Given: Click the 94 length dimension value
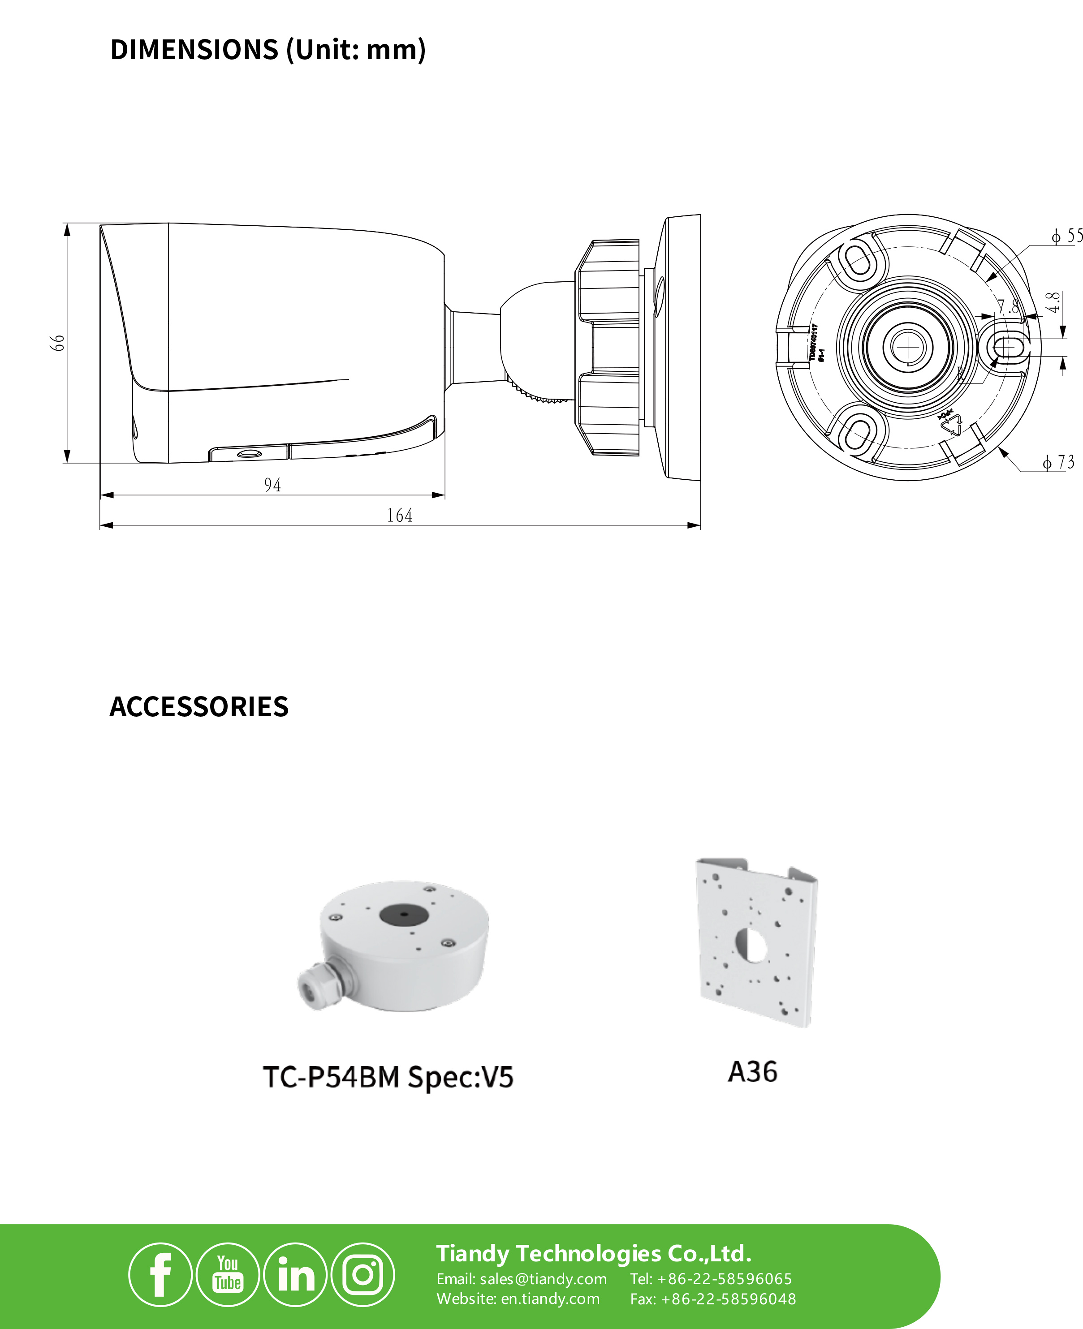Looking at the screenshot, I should click(272, 485).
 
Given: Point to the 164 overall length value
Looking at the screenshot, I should click(399, 515).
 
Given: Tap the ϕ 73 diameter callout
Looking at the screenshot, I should click(1059, 462).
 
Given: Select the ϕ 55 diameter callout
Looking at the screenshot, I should click(1066, 236).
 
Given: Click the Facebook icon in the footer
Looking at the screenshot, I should click(160, 1275).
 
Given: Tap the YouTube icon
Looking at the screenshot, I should click(228, 1275).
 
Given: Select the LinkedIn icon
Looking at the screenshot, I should click(295, 1275).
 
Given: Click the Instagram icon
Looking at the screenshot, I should click(362, 1275).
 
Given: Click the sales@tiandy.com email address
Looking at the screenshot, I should click(543, 1279).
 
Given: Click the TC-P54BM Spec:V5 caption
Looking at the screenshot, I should click(388, 1077).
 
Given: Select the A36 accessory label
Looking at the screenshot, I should click(752, 1072).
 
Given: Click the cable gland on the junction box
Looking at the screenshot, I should click(318, 985).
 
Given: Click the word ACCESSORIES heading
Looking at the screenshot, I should click(199, 706).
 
